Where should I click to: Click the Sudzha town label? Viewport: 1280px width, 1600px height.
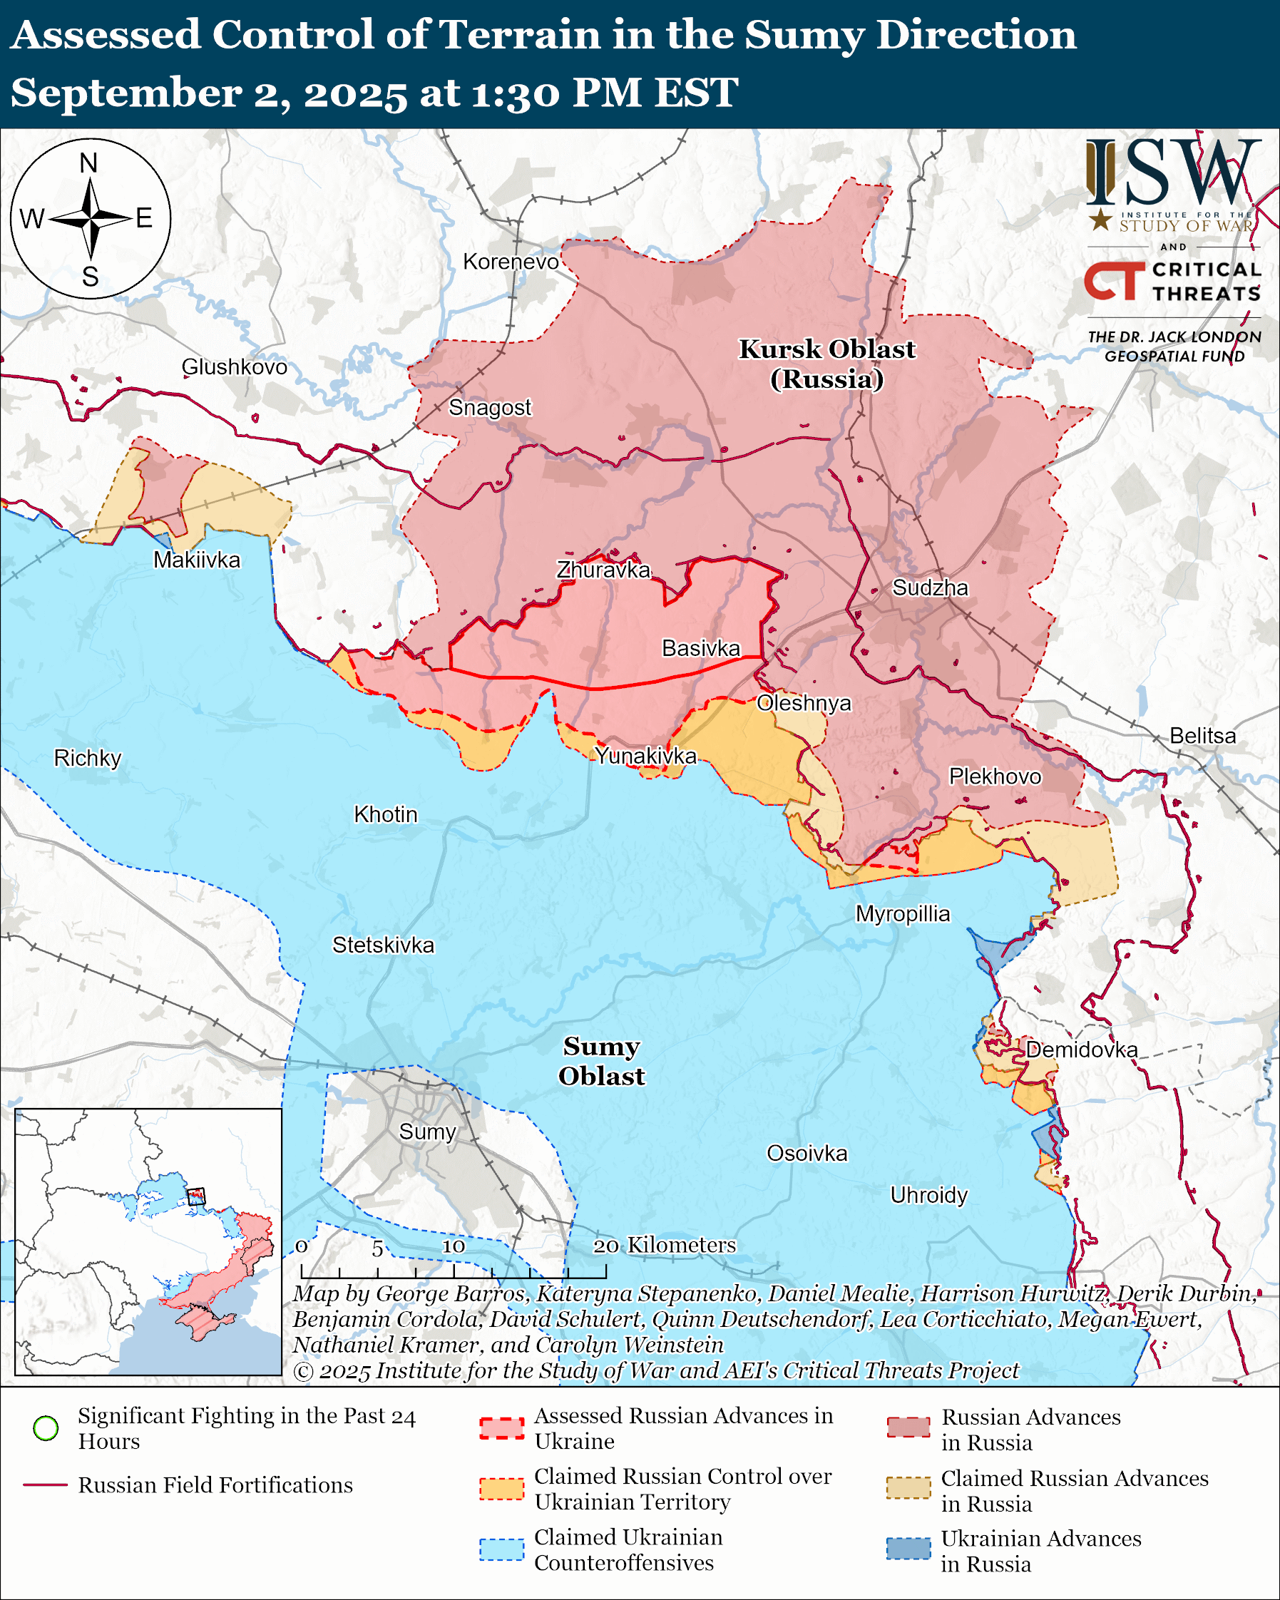pos(930,588)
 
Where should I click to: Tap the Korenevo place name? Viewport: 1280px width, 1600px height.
pos(511,261)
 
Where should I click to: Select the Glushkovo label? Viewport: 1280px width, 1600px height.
pos(235,366)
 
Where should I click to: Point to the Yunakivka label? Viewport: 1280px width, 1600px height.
pos(645,756)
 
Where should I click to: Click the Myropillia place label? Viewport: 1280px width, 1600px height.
pos(902,913)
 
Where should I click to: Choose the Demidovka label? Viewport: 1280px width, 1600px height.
pos(1081,1050)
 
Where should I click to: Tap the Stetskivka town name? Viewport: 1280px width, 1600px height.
pos(383,945)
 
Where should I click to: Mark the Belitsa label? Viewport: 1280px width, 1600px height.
pos(1202,735)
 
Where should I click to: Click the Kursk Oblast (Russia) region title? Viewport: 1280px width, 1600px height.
pos(826,364)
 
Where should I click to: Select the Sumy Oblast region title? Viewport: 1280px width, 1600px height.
pos(601,1060)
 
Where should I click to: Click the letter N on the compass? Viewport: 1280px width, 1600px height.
pos(89,163)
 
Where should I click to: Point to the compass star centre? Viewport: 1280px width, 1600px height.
pos(91,218)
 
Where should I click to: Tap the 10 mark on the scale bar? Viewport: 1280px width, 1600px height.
pos(454,1246)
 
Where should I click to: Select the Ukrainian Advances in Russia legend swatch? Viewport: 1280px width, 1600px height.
pos(908,1549)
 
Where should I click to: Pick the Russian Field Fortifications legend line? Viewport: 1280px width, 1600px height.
pos(46,1485)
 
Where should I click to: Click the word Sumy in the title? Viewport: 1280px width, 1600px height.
pos(804,36)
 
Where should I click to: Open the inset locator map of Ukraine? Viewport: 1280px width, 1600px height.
pos(148,1241)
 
